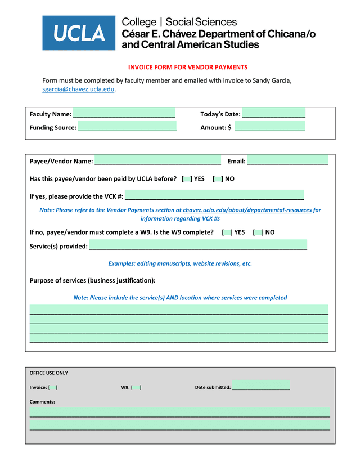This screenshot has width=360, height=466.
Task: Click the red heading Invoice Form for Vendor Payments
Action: [x=187, y=67]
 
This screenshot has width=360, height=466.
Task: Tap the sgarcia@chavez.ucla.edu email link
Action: [x=78, y=89]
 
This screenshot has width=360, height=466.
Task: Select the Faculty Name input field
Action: [x=124, y=114]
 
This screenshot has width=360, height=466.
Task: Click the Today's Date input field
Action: [x=274, y=114]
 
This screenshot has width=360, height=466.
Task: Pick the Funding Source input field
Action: [x=127, y=127]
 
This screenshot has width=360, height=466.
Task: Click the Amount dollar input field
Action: [x=269, y=127]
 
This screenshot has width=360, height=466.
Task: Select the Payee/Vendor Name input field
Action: [x=157, y=161]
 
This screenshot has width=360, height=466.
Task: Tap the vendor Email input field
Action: [x=287, y=160]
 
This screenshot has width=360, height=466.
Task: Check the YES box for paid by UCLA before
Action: [x=187, y=179]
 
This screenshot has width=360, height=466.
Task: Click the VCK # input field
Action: [x=214, y=196]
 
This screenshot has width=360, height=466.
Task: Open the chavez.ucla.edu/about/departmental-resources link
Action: [x=247, y=210]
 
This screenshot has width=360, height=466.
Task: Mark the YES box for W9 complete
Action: [x=227, y=232]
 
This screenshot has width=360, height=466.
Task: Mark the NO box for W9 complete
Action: [x=258, y=232]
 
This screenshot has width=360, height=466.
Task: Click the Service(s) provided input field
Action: [x=198, y=245]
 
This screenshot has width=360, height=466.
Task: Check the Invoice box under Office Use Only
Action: [x=53, y=387]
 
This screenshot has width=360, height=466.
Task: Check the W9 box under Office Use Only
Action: [x=136, y=387]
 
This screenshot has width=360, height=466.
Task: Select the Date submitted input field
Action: [x=260, y=386]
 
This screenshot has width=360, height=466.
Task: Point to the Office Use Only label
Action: [x=48, y=373]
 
